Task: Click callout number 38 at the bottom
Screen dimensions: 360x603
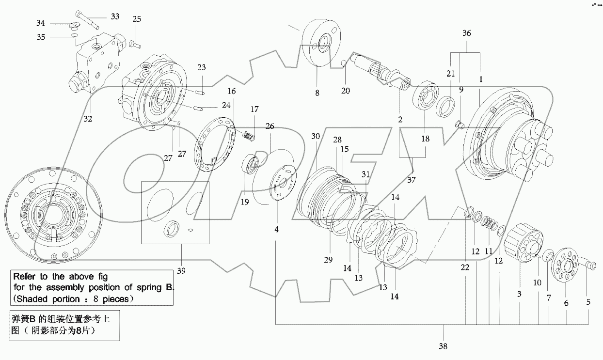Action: pyautogui.click(x=443, y=346)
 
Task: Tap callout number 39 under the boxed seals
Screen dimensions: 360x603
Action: pyautogui.click(x=181, y=270)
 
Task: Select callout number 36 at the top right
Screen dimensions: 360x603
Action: pyautogui.click(x=466, y=33)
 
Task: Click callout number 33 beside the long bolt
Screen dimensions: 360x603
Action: pyautogui.click(x=115, y=16)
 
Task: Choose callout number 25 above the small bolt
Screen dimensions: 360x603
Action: pyautogui.click(x=137, y=19)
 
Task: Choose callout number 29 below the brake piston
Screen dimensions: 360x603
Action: pyautogui.click(x=328, y=260)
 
